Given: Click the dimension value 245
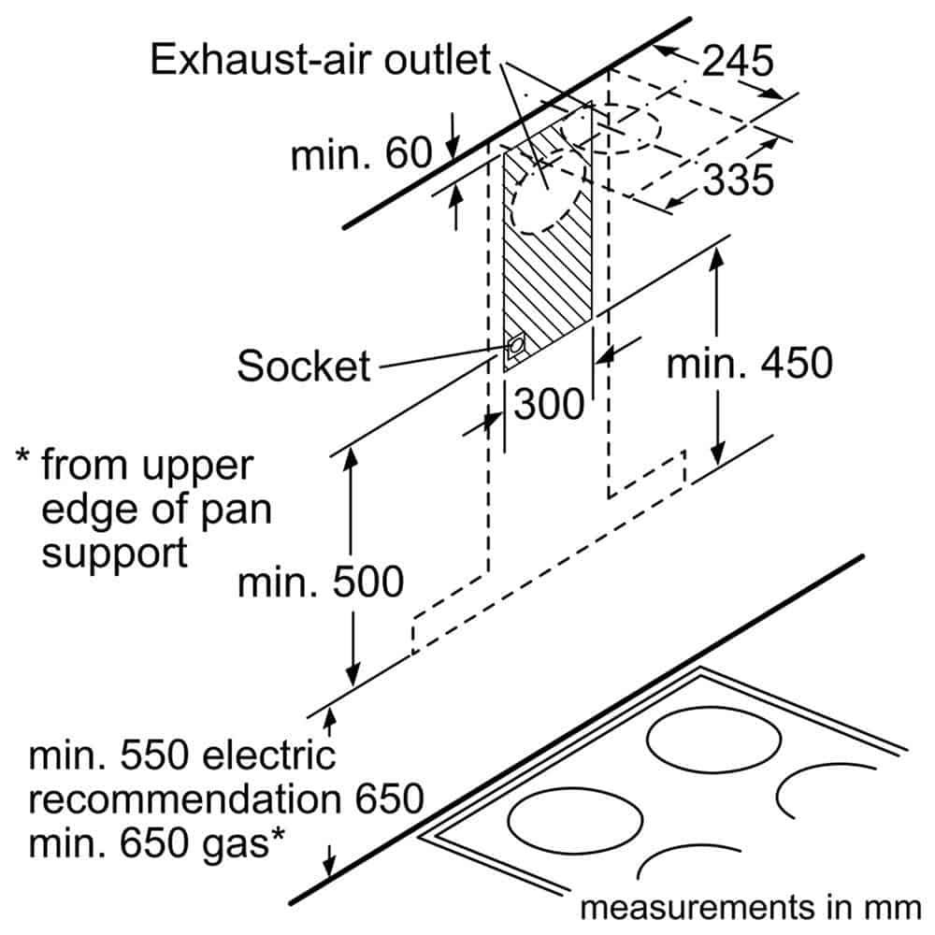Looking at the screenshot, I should pyautogui.click(x=739, y=62).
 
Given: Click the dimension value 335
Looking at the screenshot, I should pyautogui.click(x=739, y=178).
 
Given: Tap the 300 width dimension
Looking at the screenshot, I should pyautogui.click(x=549, y=404).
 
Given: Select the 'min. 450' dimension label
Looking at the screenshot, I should pyautogui.click(x=749, y=363).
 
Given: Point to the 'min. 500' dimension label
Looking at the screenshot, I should pyautogui.click(x=321, y=582).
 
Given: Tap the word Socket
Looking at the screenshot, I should pyautogui.click(x=304, y=366).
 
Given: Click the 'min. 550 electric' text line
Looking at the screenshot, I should pyautogui.click(x=181, y=755).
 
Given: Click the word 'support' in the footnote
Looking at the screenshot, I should pyautogui.click(x=114, y=552).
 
